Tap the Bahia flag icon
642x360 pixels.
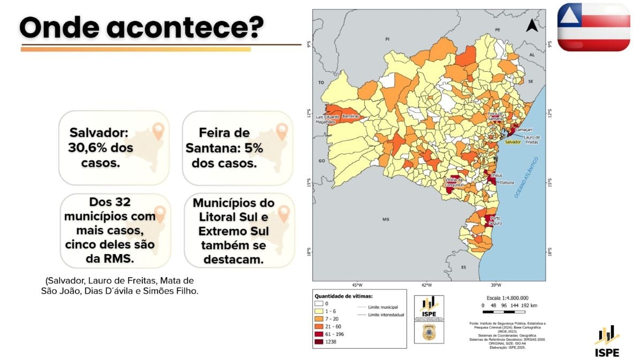pyautogui.click(x=593, y=27)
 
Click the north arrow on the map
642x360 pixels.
pyautogui.click(x=531, y=25)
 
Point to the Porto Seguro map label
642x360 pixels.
pyautogui.click(x=495, y=220)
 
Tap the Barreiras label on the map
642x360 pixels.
pyautogui.click(x=350, y=116)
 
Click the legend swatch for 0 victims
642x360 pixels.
pyautogui.click(x=318, y=303)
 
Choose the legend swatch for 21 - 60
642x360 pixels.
pyautogui.click(x=318, y=326)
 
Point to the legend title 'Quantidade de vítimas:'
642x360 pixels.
pyautogui.click(x=343, y=295)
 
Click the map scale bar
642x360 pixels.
pyautogui.click(x=506, y=311)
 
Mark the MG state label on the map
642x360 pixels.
pyautogui.click(x=386, y=219)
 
